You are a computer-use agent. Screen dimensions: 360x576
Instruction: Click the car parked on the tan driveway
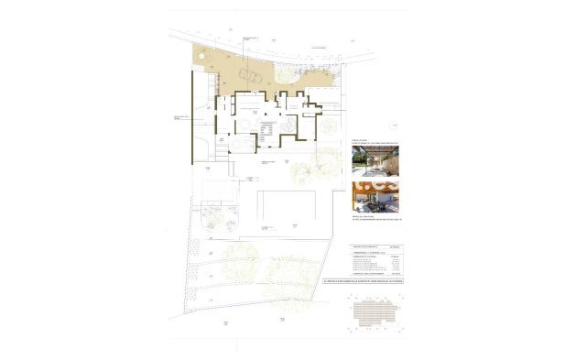248,74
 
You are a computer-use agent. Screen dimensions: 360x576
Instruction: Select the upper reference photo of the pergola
376,162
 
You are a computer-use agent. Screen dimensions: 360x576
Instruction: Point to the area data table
377,261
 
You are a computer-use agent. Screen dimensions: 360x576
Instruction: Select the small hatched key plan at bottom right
376,314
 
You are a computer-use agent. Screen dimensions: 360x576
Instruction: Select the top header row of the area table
377,247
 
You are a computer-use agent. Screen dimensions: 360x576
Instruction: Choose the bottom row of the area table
377,274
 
